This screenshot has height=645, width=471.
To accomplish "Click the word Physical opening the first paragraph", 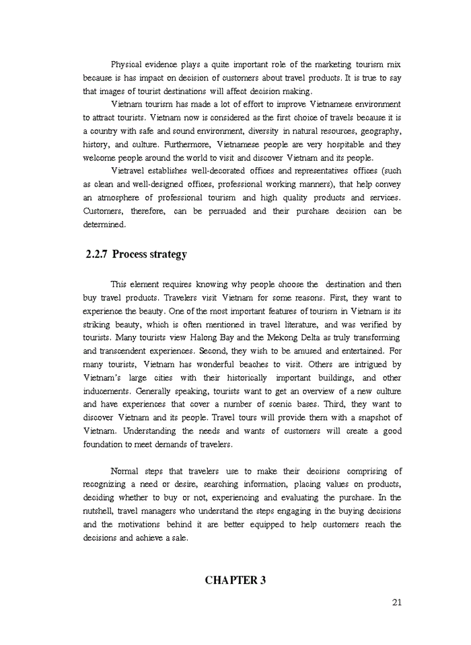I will pyautogui.click(x=126, y=64).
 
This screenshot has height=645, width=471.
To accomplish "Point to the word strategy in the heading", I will pyautogui.click(x=166, y=255).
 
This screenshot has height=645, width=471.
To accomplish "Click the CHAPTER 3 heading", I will pyautogui.click(x=235, y=580).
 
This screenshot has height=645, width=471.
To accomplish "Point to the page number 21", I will pyautogui.click(x=396, y=602).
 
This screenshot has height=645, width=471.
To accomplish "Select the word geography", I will pyautogui.click(x=380, y=131).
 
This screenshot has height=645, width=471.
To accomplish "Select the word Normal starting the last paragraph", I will pyautogui.click(x=124, y=471).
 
